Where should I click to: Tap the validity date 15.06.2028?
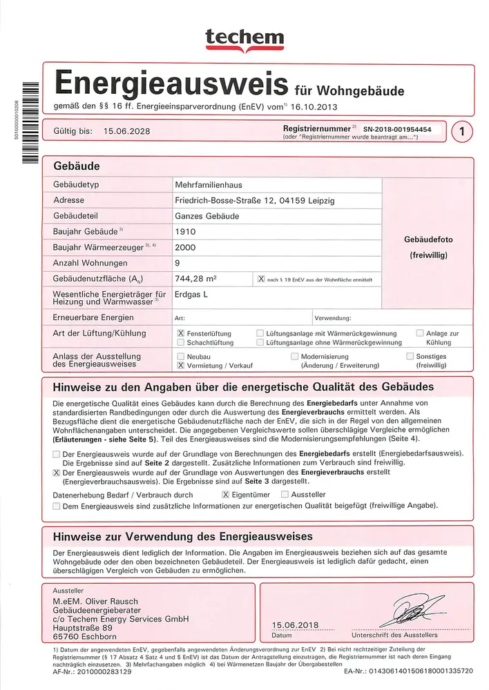coord(126,130)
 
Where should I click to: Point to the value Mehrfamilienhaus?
coord(209,185)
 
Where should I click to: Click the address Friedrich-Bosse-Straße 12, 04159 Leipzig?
coord(255,200)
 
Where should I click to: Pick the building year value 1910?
coord(186,232)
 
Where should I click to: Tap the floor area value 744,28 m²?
coord(196,279)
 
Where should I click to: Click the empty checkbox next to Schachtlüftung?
coord(180,342)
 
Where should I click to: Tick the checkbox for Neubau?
coord(180,357)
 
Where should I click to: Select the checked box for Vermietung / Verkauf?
coord(180,366)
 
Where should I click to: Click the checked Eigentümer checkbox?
coord(225,495)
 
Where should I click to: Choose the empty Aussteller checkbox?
coord(285,495)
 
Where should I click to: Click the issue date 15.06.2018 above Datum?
coord(296,624)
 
